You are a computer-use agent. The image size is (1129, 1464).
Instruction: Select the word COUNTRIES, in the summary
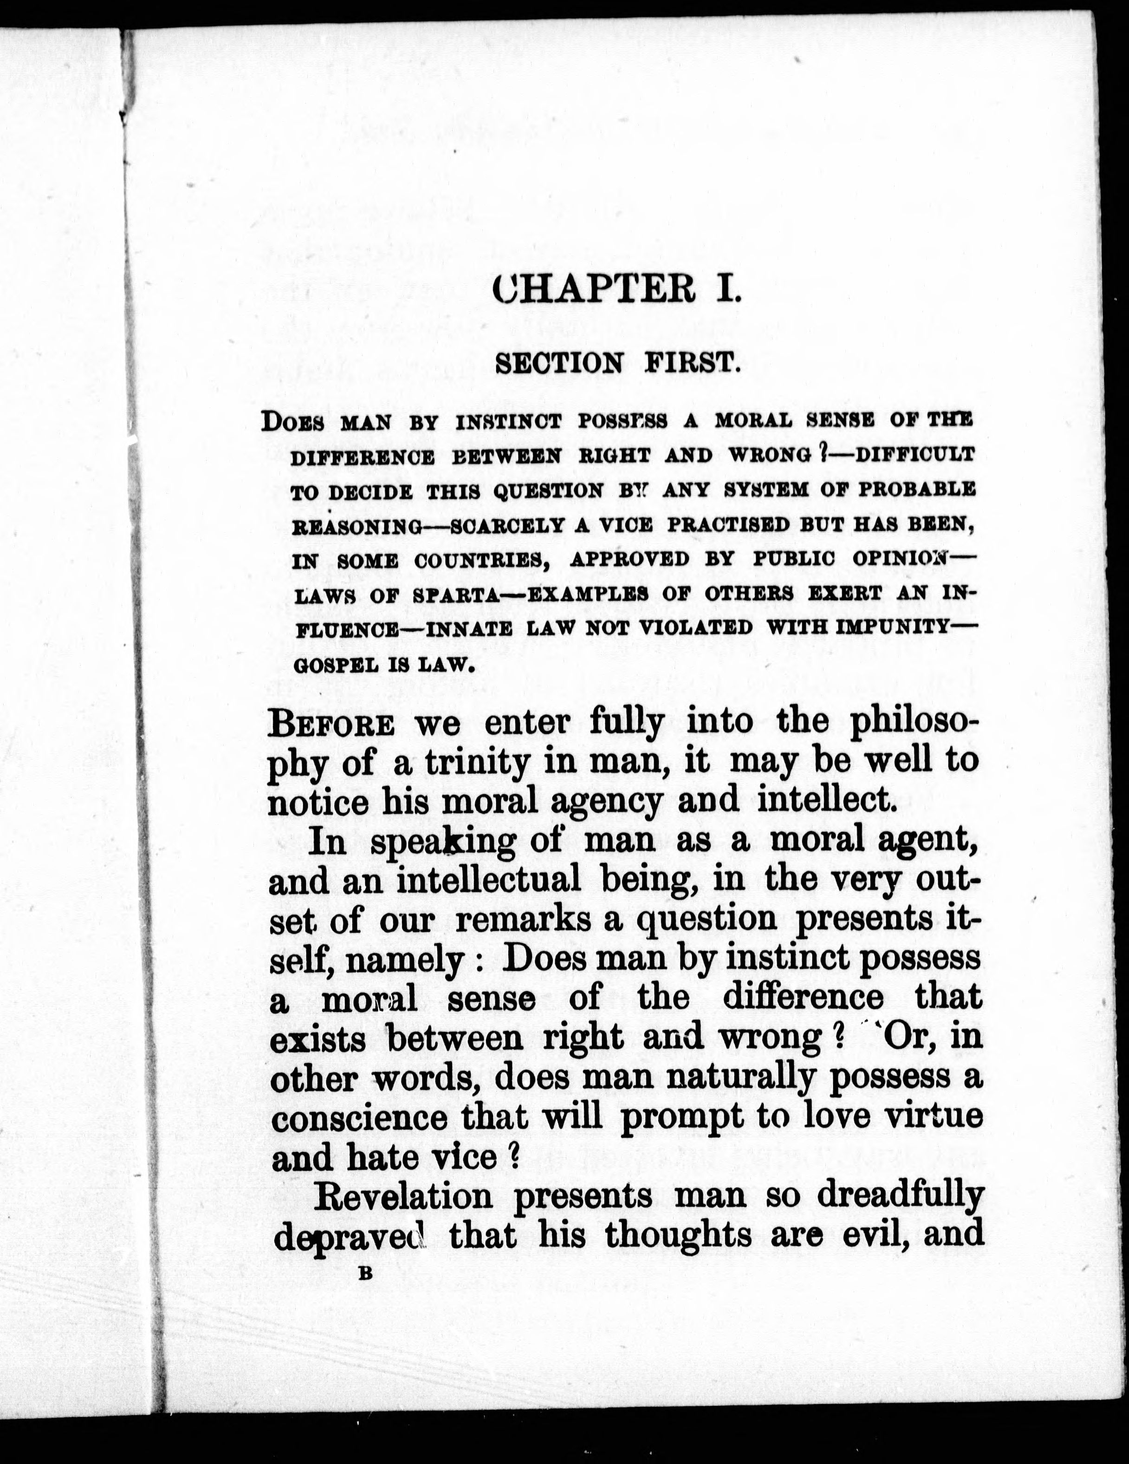(x=482, y=560)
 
